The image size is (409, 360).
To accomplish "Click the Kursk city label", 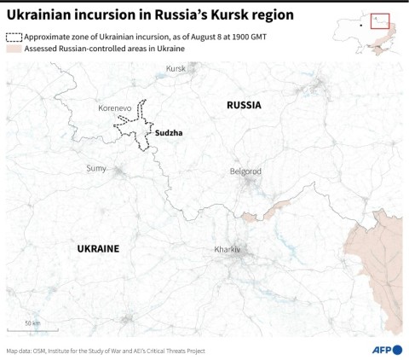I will (176, 68).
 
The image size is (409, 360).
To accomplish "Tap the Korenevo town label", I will (115, 109).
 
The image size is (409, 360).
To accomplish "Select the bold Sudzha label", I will (169, 133).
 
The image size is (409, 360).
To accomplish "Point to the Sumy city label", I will (96, 168).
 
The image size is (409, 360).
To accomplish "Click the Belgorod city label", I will (245, 171).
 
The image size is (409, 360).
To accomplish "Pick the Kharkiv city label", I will (228, 249).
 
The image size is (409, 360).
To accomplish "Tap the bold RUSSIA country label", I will (244, 105).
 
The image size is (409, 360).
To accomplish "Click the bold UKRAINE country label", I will (98, 248).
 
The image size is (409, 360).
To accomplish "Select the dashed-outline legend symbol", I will (14, 38).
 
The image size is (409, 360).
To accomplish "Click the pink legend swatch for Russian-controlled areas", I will (14, 49).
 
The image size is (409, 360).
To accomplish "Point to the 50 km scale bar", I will (31, 329).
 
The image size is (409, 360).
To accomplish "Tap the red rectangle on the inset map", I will (380, 21).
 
